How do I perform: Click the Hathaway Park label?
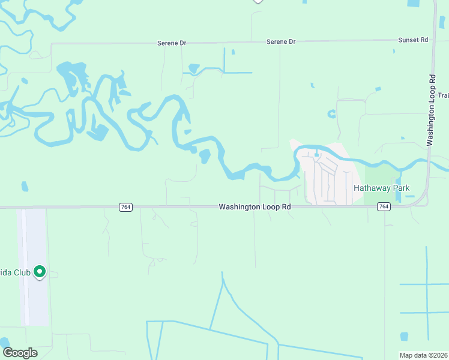(x=381, y=188)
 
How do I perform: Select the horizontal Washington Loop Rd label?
(x=255, y=207)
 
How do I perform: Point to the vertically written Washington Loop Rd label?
(x=431, y=110)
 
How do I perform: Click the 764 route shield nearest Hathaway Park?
(x=384, y=207)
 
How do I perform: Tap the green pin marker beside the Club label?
(x=40, y=272)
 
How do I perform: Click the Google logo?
(x=20, y=353)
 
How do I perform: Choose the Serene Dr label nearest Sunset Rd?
(x=282, y=42)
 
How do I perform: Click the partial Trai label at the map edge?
(x=443, y=95)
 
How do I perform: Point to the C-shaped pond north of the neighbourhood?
(x=331, y=113)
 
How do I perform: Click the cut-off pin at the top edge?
(x=258, y=1)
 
